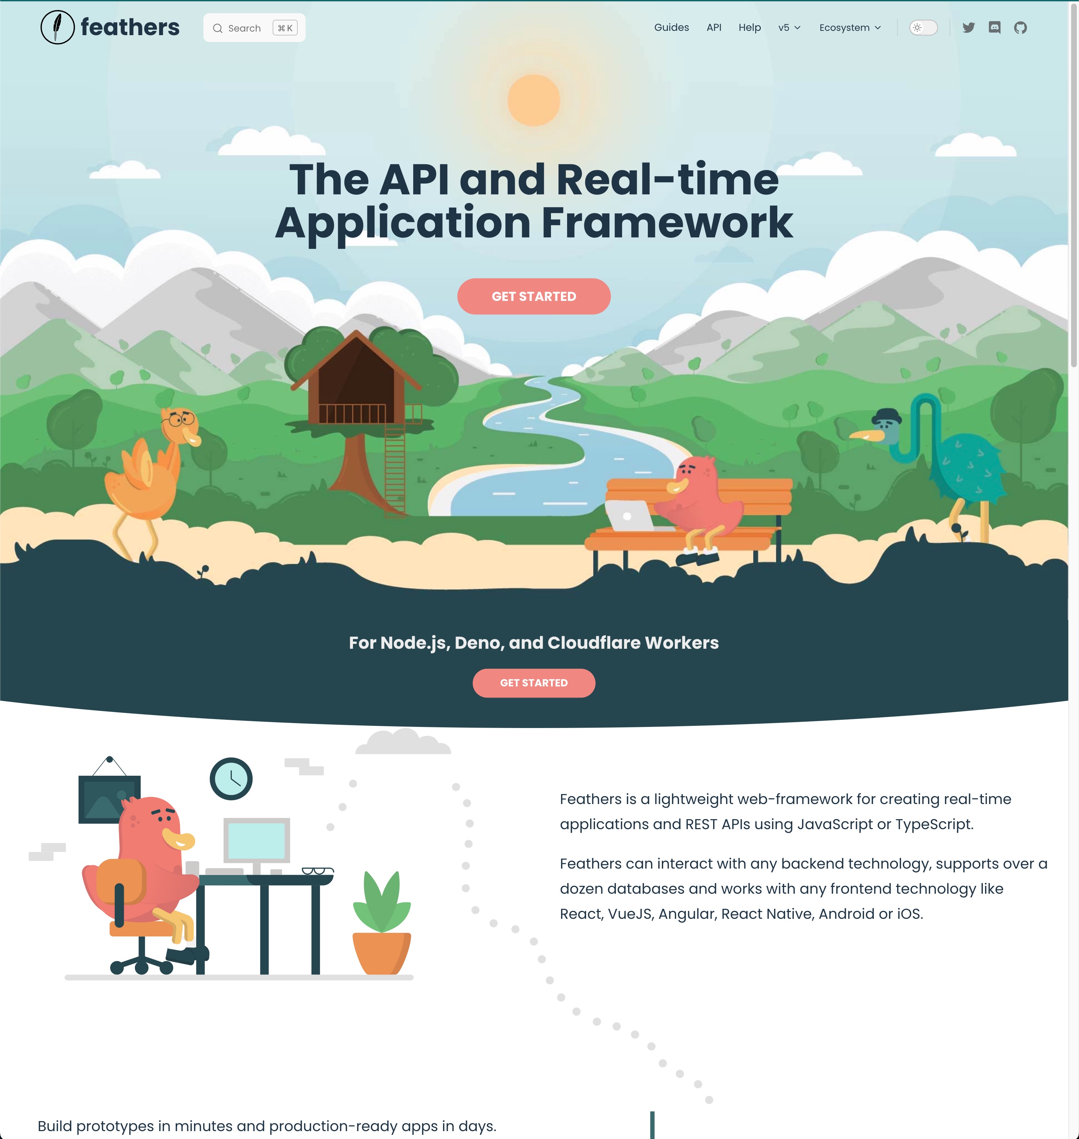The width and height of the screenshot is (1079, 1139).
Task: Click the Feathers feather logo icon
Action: [57, 27]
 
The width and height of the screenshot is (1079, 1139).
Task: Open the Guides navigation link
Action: [671, 28]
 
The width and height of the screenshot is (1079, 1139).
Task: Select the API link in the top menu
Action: [714, 28]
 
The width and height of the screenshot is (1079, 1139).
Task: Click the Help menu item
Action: [749, 28]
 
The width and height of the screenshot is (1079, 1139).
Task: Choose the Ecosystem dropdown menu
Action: [849, 28]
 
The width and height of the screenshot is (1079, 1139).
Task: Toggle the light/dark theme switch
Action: [923, 28]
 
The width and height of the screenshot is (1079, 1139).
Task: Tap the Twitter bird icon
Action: [969, 28]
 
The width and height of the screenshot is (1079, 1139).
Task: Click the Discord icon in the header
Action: [994, 28]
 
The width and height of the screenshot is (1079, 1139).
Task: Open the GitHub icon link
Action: [1020, 28]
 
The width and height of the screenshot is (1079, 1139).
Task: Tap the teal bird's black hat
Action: [887, 415]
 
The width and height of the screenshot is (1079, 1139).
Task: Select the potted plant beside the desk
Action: [381, 926]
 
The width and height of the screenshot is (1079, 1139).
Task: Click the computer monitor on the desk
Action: [256, 841]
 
